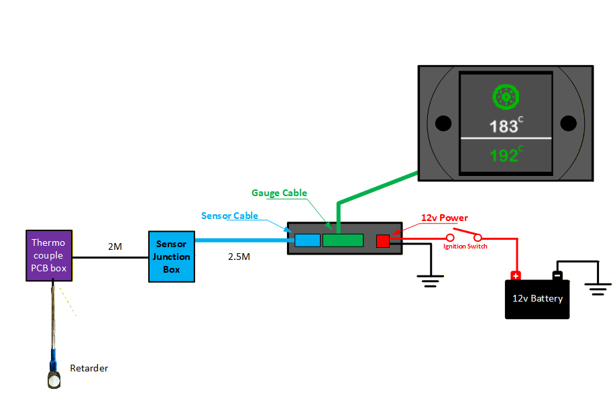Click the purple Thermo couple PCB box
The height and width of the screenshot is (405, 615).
[x=48, y=256]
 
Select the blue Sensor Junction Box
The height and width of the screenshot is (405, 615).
[x=172, y=257]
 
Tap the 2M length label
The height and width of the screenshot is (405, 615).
[x=115, y=247]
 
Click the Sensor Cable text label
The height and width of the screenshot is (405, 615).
[x=229, y=216]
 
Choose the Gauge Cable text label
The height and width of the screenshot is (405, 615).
[x=279, y=193]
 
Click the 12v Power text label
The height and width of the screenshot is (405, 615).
[x=444, y=218]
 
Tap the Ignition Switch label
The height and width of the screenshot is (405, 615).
[x=465, y=246]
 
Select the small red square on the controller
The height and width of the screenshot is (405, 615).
[x=383, y=240]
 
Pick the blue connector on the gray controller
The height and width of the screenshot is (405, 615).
[x=308, y=240]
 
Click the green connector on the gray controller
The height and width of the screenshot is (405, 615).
[x=343, y=240]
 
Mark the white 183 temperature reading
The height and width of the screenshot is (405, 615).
[x=504, y=126]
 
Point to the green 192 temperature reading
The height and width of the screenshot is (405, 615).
[x=504, y=156]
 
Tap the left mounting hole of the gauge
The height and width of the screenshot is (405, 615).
[x=443, y=124]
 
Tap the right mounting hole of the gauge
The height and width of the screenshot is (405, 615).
[x=568, y=124]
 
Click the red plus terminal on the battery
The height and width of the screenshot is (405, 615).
[x=516, y=275]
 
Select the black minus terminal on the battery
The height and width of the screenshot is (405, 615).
[x=557, y=275]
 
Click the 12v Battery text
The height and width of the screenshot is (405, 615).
[x=537, y=298]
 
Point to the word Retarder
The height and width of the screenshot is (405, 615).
[x=89, y=368]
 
